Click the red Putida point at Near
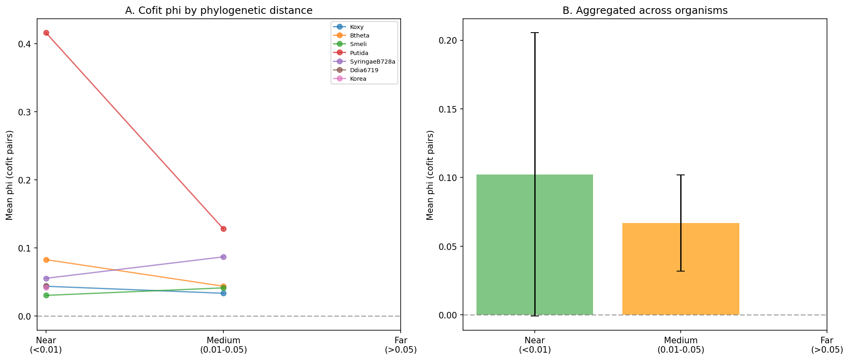point(46,33)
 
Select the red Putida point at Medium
point(223,229)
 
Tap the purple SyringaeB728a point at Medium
point(223,257)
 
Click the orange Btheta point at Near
point(46,260)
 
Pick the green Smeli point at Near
point(46,295)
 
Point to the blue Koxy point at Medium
point(223,293)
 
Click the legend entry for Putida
point(359,53)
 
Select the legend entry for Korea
point(358,79)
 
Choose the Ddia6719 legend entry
point(364,70)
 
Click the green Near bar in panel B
point(505,245)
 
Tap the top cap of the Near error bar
point(535,33)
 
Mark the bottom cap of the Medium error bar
point(681,271)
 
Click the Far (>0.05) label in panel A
point(400,345)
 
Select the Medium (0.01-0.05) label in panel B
point(681,345)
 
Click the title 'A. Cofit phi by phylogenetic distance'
point(218,11)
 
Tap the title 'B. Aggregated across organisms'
point(645,11)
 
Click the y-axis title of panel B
point(430,175)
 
